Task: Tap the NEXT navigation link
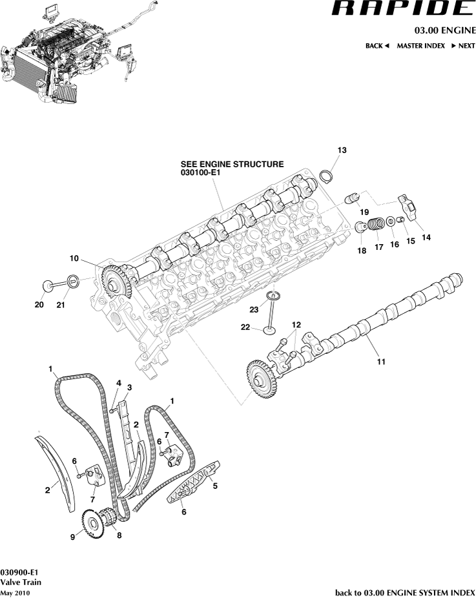462,46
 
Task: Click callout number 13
341,150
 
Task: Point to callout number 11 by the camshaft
381,362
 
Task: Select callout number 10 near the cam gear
74,258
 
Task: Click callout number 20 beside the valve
39,305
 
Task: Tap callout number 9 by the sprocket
73,535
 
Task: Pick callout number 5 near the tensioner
214,486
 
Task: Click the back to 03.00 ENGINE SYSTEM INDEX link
405,592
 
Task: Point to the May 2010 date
15,592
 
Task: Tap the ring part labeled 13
327,176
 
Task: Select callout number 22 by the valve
245,327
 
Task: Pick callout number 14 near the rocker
426,237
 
